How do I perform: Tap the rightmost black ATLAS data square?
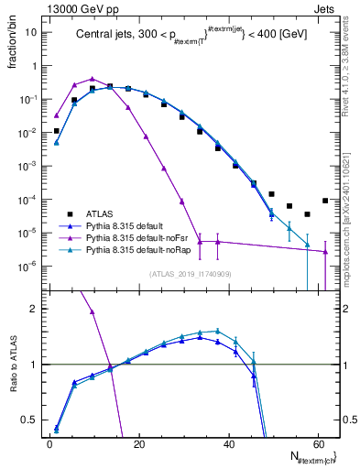point(325,201)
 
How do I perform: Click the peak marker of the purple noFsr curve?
point(93,79)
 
